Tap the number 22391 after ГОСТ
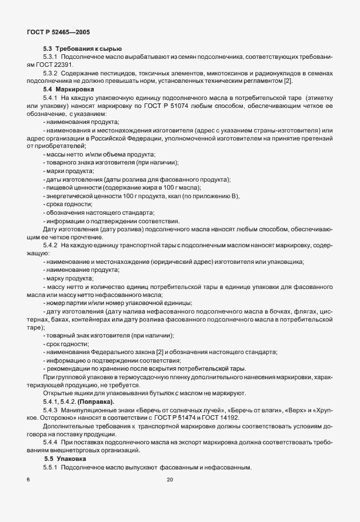pos(64,66)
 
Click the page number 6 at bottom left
pos(28,480)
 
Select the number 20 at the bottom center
pos(169,480)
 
